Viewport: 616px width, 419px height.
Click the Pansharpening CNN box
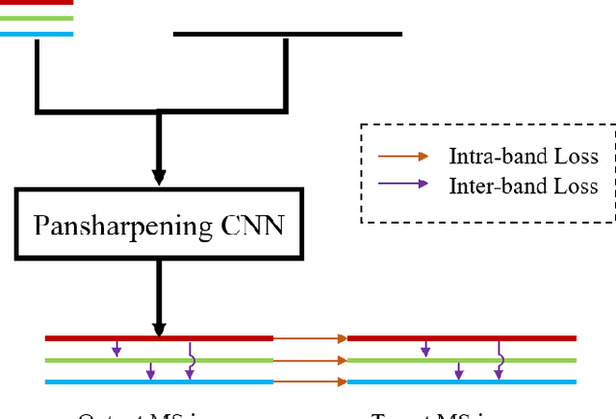point(160,226)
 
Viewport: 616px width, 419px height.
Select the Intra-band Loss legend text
point(523,157)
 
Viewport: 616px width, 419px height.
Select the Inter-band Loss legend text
point(523,185)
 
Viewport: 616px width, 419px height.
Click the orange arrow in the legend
point(404,157)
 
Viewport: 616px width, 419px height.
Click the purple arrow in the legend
point(404,185)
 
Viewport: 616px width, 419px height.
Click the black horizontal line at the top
point(287,35)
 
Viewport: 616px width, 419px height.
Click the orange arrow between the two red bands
point(310,338)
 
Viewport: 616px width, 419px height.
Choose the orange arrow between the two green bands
point(310,360)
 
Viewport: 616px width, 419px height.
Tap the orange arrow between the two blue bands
point(310,382)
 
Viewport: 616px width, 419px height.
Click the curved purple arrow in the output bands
point(192,360)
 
